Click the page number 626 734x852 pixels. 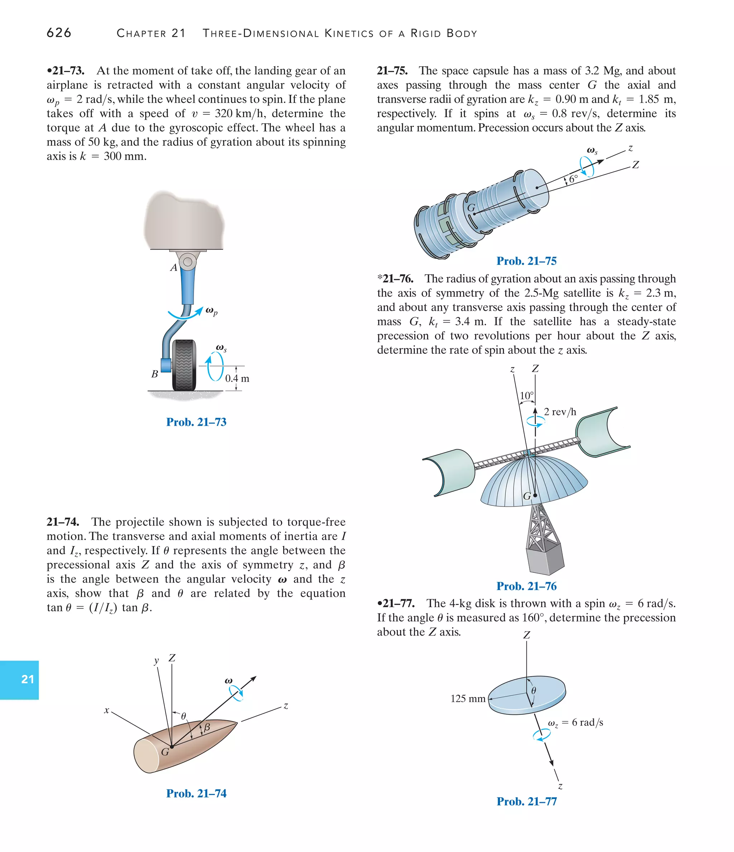(59, 33)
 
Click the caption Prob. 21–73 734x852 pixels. (196, 422)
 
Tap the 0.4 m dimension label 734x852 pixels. (237, 378)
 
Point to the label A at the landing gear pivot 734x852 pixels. (173, 268)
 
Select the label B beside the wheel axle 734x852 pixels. (154, 374)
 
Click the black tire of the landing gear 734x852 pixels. (184, 365)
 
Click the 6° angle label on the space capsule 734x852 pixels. (573, 179)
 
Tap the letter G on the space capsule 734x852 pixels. (471, 208)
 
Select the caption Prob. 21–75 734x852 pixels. (526, 261)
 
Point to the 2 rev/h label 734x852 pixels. (560, 411)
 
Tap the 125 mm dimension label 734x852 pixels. (468, 699)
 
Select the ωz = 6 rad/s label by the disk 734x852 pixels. (575, 723)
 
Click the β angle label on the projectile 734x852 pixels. (207, 727)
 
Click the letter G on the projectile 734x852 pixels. (165, 752)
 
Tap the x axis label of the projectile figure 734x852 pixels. (106, 710)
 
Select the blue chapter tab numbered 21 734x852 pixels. (27, 679)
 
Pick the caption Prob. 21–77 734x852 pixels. (526, 801)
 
